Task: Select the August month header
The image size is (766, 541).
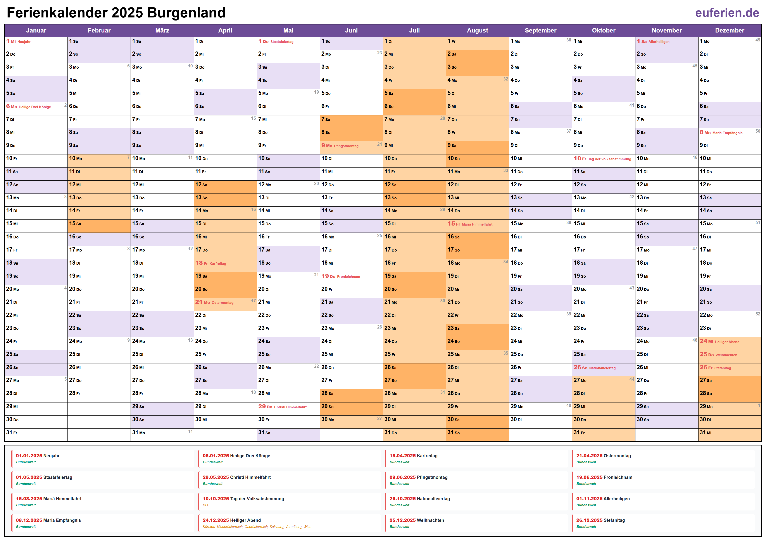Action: coord(477,30)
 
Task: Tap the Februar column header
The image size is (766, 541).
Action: coord(99,30)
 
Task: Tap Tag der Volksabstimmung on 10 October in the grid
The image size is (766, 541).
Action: coord(609,159)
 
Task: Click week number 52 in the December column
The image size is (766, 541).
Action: coord(758,314)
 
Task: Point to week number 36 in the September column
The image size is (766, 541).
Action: coord(568,40)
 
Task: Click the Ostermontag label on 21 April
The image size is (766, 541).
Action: coord(222,303)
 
